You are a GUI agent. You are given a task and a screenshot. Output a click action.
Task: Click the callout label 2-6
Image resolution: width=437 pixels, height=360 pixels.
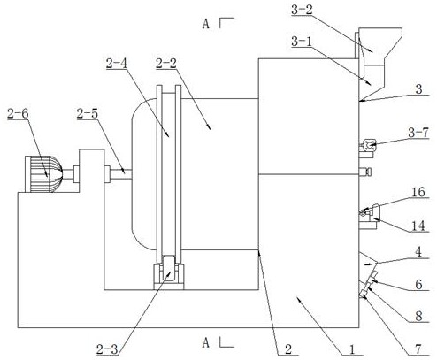click(18, 114)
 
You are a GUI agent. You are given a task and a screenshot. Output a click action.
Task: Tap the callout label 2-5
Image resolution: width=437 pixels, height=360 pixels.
click(87, 114)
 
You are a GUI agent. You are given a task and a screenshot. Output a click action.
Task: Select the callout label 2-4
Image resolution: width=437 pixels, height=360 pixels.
click(117, 64)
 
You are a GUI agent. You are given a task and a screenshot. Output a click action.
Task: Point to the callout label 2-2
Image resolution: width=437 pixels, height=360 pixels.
click(166, 64)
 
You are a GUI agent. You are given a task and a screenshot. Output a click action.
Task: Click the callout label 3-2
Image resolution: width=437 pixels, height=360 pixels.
click(302, 11)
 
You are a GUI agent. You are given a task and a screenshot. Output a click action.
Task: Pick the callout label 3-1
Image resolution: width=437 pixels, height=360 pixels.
click(302, 42)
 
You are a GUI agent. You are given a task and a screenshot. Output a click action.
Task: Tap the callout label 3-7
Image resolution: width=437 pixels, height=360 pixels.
click(418, 133)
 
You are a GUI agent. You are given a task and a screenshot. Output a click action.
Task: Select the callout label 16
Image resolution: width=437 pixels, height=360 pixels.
click(418, 192)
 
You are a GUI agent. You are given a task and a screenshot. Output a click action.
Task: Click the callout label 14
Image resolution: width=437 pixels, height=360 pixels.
click(418, 226)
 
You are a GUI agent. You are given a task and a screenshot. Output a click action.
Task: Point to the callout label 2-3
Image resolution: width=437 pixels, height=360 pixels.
click(107, 350)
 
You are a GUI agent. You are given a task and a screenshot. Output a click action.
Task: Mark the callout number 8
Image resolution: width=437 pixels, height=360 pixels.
click(418, 317)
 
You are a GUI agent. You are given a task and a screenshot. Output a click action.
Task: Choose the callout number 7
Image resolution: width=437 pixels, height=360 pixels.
click(418, 349)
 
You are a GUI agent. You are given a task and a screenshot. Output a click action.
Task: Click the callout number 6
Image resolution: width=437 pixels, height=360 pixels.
click(418, 285)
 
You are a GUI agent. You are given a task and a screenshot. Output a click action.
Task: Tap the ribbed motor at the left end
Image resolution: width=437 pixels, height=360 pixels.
click(43, 174)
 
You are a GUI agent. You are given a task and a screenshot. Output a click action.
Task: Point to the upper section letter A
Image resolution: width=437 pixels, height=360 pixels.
click(206, 24)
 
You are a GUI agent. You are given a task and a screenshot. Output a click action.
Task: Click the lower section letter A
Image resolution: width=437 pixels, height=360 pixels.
click(206, 343)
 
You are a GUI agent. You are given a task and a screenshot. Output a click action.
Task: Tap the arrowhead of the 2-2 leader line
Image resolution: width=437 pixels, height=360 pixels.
click(210, 128)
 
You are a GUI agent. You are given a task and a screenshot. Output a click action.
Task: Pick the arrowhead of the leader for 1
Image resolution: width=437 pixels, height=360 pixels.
click(298, 299)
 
